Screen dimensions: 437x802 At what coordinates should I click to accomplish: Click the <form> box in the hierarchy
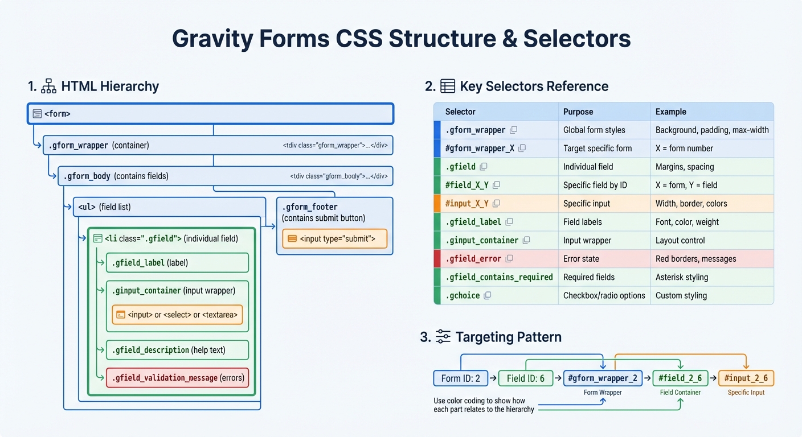(210, 114)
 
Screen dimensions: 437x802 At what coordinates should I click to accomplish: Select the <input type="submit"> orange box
(334, 238)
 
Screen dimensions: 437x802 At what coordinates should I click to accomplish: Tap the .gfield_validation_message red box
(177, 378)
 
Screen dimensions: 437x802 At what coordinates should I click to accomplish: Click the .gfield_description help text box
(177, 350)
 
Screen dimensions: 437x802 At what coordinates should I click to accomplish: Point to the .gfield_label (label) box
(177, 262)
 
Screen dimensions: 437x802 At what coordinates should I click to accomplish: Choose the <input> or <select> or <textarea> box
(177, 314)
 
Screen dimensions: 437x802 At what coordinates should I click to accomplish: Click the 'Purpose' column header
(578, 112)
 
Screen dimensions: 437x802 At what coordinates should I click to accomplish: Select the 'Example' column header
(670, 112)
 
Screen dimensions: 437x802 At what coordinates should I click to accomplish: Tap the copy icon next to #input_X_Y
(496, 204)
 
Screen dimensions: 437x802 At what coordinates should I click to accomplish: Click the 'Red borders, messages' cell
(695, 259)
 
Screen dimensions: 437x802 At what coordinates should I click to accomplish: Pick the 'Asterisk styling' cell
(682, 277)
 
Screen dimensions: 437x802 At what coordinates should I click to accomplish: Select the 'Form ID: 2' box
(460, 378)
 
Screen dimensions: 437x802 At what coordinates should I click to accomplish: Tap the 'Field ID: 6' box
(525, 378)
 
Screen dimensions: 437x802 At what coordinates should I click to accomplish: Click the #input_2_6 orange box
(746, 378)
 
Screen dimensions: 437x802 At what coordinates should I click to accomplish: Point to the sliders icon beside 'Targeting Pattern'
(443, 337)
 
